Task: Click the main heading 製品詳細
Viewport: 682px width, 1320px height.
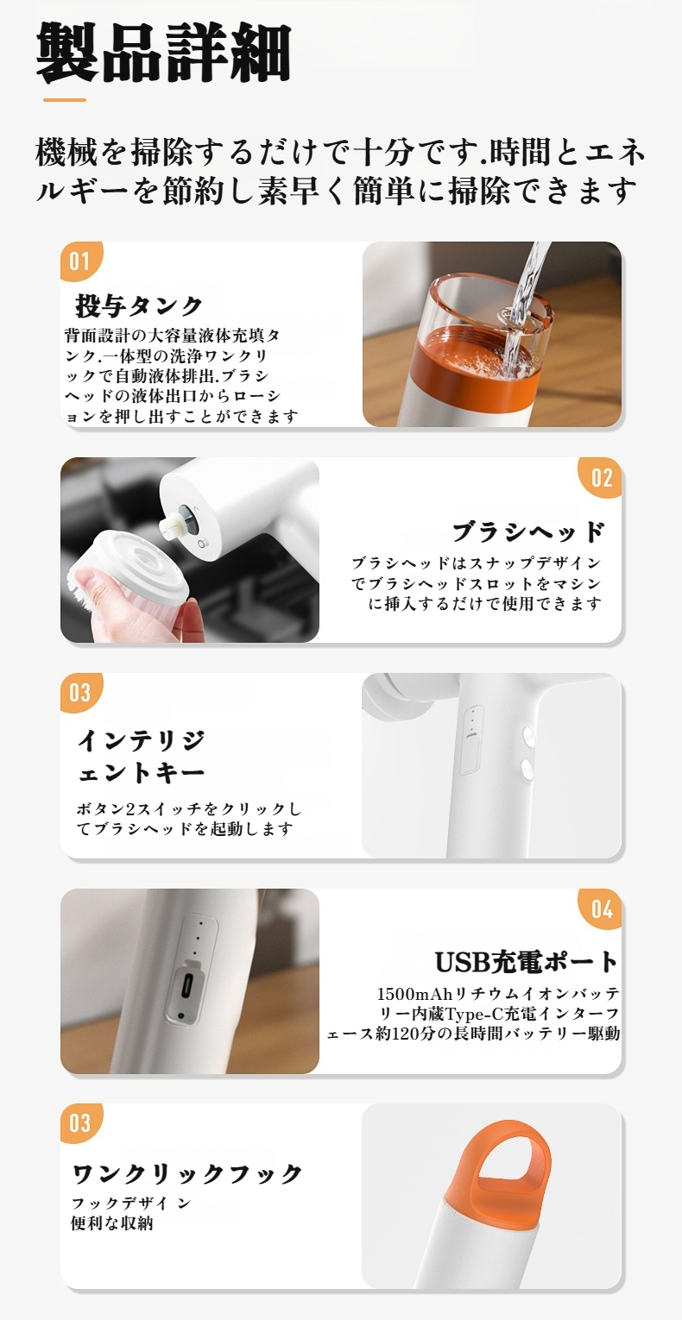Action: click(164, 52)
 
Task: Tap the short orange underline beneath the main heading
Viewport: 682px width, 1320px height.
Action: click(65, 100)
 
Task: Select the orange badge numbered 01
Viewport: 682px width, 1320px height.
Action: click(81, 261)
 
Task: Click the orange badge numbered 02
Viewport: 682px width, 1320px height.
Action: click(600, 477)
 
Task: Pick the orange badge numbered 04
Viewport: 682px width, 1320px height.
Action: click(600, 908)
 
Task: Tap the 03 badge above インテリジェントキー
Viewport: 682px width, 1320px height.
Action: click(81, 693)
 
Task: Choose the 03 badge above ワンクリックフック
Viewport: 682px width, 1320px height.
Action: click(81, 1123)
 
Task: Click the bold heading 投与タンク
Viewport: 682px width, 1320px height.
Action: click(139, 305)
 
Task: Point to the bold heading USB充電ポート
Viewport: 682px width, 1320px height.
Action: click(527, 962)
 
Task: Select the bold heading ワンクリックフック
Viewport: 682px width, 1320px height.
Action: click(187, 1173)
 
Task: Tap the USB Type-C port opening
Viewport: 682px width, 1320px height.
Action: click(187, 985)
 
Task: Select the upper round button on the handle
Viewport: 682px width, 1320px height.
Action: click(527, 736)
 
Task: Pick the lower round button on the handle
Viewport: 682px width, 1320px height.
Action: click(527, 767)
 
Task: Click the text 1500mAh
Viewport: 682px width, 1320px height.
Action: click(414, 995)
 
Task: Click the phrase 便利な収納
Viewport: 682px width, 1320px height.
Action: click(112, 1223)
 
